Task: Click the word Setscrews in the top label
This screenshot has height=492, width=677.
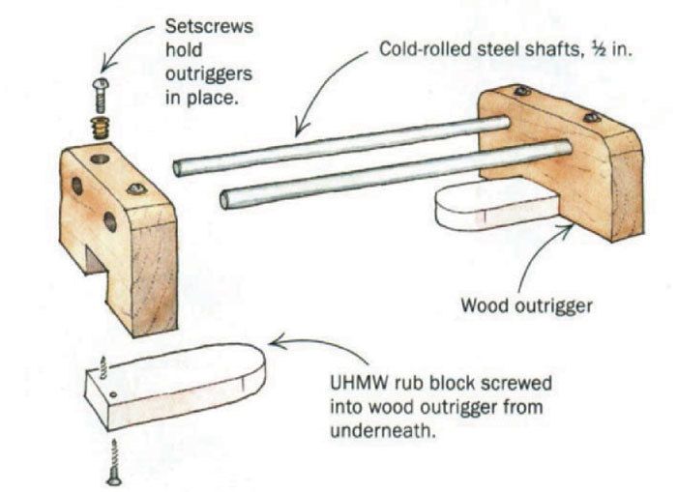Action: [200, 26]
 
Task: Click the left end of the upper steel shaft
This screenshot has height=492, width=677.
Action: [179, 168]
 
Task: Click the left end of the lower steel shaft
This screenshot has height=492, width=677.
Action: [225, 200]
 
